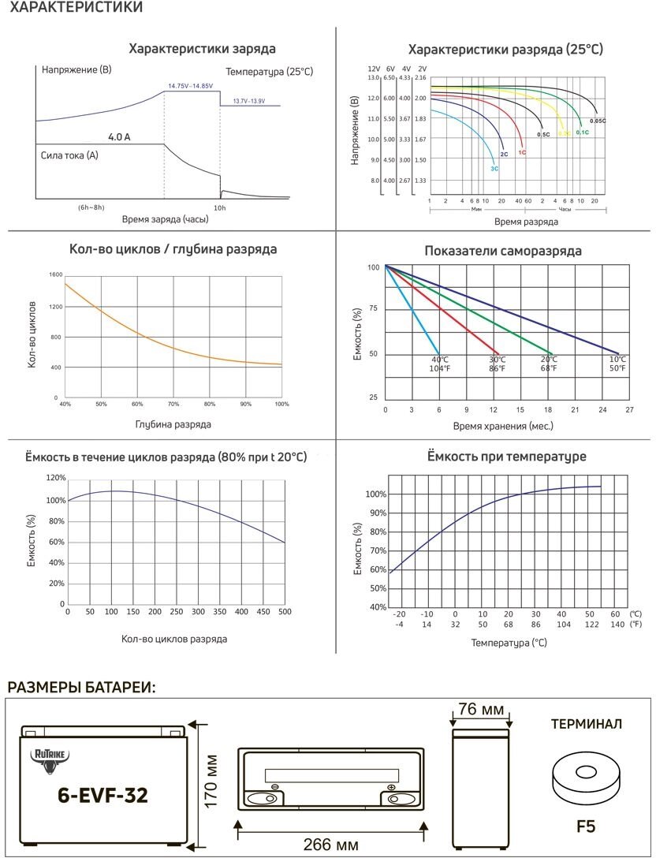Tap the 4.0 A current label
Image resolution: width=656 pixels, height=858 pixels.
click(119, 137)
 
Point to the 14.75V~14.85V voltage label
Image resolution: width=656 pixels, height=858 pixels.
click(190, 85)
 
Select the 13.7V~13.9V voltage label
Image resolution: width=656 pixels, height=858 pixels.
click(248, 101)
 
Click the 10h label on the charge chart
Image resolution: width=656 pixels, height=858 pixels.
click(220, 207)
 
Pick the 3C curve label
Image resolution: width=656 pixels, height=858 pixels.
click(494, 168)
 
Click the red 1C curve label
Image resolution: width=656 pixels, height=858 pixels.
click(522, 152)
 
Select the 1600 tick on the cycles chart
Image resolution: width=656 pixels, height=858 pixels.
click(55, 274)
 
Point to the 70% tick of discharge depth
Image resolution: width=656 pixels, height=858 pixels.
click(173, 404)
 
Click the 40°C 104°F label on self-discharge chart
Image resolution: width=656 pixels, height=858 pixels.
click(440, 364)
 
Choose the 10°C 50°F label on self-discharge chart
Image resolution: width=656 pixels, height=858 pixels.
click(617, 364)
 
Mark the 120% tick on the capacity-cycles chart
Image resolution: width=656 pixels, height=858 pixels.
click(55, 478)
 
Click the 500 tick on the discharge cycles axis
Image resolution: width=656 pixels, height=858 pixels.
click(285, 611)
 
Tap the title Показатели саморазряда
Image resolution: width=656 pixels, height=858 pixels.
click(503, 251)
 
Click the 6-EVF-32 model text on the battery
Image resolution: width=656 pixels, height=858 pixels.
click(102, 795)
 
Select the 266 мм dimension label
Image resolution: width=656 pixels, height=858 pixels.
click(331, 845)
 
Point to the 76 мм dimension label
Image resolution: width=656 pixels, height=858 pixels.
click(481, 710)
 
